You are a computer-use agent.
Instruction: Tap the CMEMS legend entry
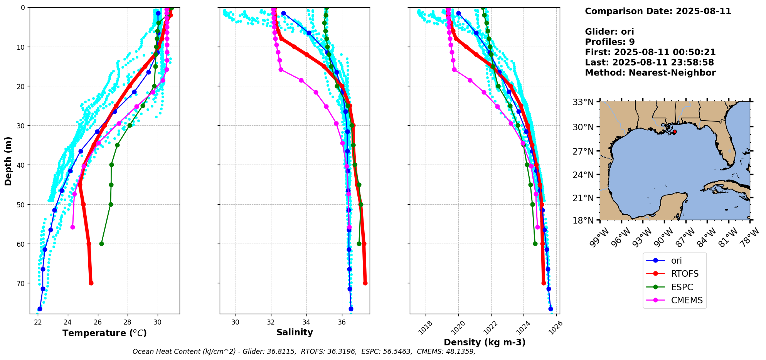coord(675,300)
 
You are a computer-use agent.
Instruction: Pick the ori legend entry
coord(667,261)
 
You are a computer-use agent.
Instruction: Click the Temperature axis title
coord(104,333)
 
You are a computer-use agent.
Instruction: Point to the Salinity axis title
coord(295,332)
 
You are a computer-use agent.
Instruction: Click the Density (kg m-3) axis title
coord(485,342)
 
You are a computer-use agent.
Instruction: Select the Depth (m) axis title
coord(8,161)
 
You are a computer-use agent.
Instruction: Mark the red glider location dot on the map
coord(674,132)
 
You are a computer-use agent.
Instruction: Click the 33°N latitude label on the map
coord(583,103)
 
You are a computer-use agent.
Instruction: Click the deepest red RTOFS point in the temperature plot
coord(91,283)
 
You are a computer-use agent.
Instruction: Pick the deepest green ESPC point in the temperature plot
coord(101,244)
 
